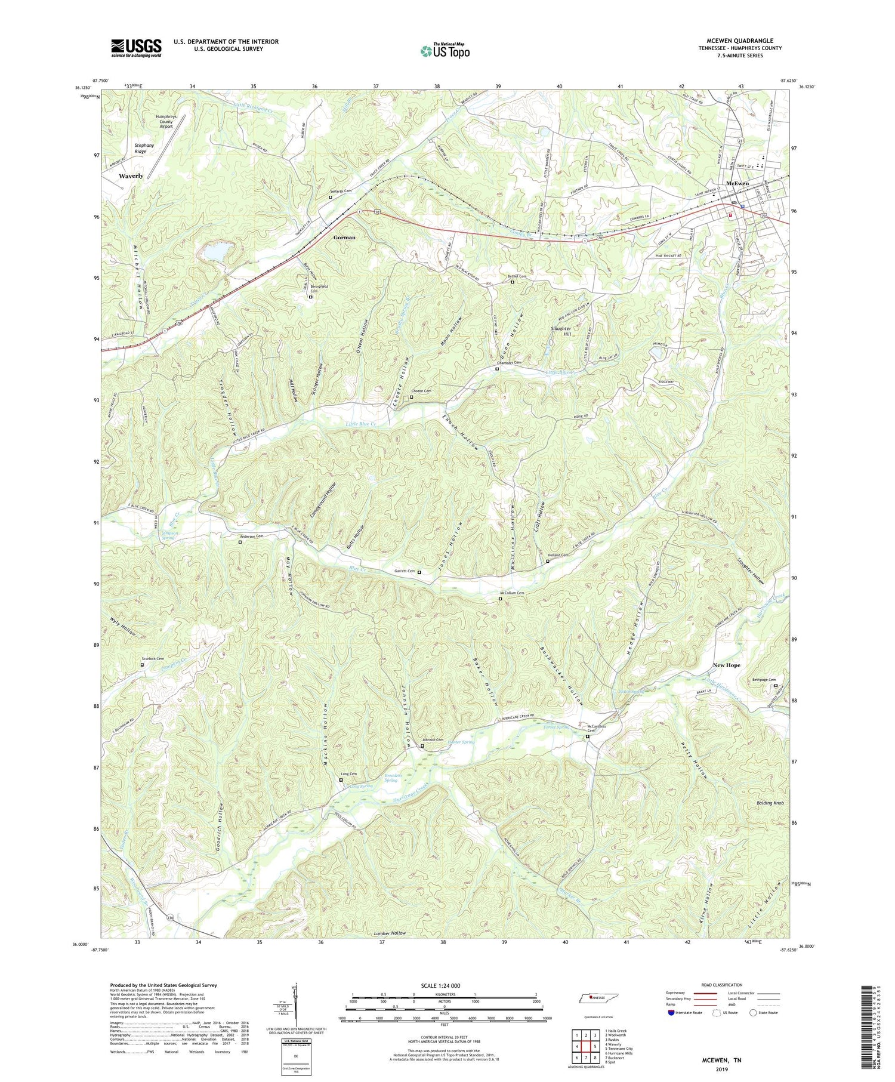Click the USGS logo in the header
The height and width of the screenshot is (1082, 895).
click(x=136, y=48)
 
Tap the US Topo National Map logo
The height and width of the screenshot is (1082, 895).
click(x=445, y=51)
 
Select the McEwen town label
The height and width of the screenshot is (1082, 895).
click(x=737, y=183)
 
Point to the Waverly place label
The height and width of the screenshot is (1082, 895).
click(x=131, y=176)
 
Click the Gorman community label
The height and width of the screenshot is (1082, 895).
click(x=344, y=238)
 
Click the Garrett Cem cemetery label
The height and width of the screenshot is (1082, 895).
click(x=405, y=571)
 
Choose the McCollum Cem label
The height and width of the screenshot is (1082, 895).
click(x=511, y=593)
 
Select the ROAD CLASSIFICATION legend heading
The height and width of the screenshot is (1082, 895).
click(x=722, y=985)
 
